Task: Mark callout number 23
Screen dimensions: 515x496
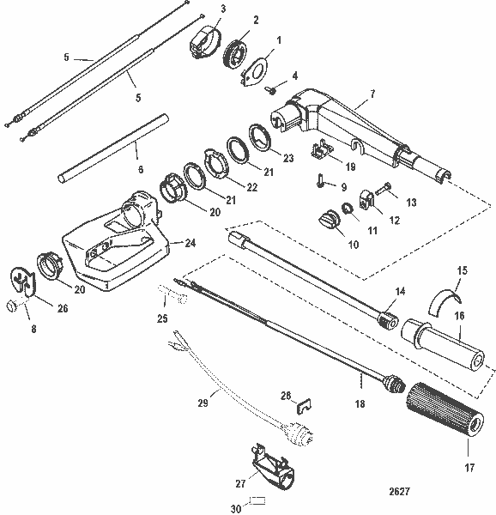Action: [x=287, y=159]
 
